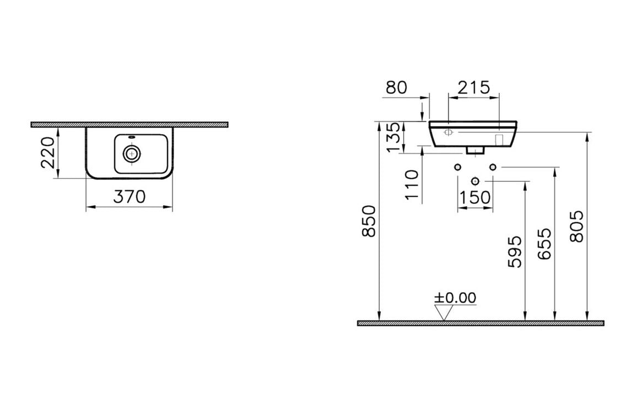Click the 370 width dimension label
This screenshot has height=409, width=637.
129,196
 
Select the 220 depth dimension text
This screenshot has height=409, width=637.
48,153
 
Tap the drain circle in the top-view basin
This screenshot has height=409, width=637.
131,153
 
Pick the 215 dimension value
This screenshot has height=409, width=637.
474,87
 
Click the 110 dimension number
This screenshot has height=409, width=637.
412,185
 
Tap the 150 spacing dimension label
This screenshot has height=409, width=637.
475,197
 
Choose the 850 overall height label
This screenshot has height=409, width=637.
369,220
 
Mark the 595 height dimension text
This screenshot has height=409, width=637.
514,251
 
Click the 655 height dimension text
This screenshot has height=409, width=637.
544,245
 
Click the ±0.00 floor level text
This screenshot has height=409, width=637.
455,298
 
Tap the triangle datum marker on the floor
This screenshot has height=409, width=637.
444,313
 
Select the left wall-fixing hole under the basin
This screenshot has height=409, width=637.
457,167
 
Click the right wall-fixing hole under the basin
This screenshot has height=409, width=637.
493,167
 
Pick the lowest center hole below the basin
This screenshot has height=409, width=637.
475,181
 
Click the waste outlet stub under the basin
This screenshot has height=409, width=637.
475,149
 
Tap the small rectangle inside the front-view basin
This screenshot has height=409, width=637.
500,139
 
